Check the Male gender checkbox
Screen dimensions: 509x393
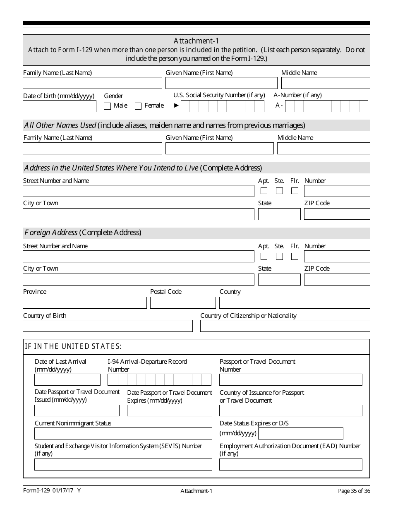click(x=108, y=106)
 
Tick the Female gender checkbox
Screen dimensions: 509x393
click(x=138, y=106)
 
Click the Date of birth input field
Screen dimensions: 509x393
click(x=60, y=106)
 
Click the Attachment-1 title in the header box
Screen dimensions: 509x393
click(x=196, y=41)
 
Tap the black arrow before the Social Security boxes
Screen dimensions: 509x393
click(x=176, y=106)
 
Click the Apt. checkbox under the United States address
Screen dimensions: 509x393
click(x=264, y=191)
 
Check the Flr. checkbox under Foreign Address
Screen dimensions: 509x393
click(x=295, y=256)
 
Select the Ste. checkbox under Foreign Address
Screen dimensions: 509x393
click(x=279, y=256)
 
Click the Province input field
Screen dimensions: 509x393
click(x=85, y=303)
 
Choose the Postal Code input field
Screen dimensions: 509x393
click(x=183, y=303)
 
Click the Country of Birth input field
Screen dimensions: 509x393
click(x=108, y=326)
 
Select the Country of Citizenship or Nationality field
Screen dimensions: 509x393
click(x=285, y=326)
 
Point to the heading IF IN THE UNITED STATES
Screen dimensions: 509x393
click(x=73, y=346)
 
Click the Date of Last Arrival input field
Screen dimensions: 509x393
click(x=67, y=379)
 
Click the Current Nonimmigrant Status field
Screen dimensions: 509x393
click(x=123, y=433)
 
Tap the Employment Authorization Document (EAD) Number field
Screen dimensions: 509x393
click(x=290, y=464)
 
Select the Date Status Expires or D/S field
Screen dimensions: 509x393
click(x=301, y=433)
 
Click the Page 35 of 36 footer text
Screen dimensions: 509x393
click(x=354, y=491)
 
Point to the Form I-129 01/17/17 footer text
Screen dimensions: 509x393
click(x=52, y=491)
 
